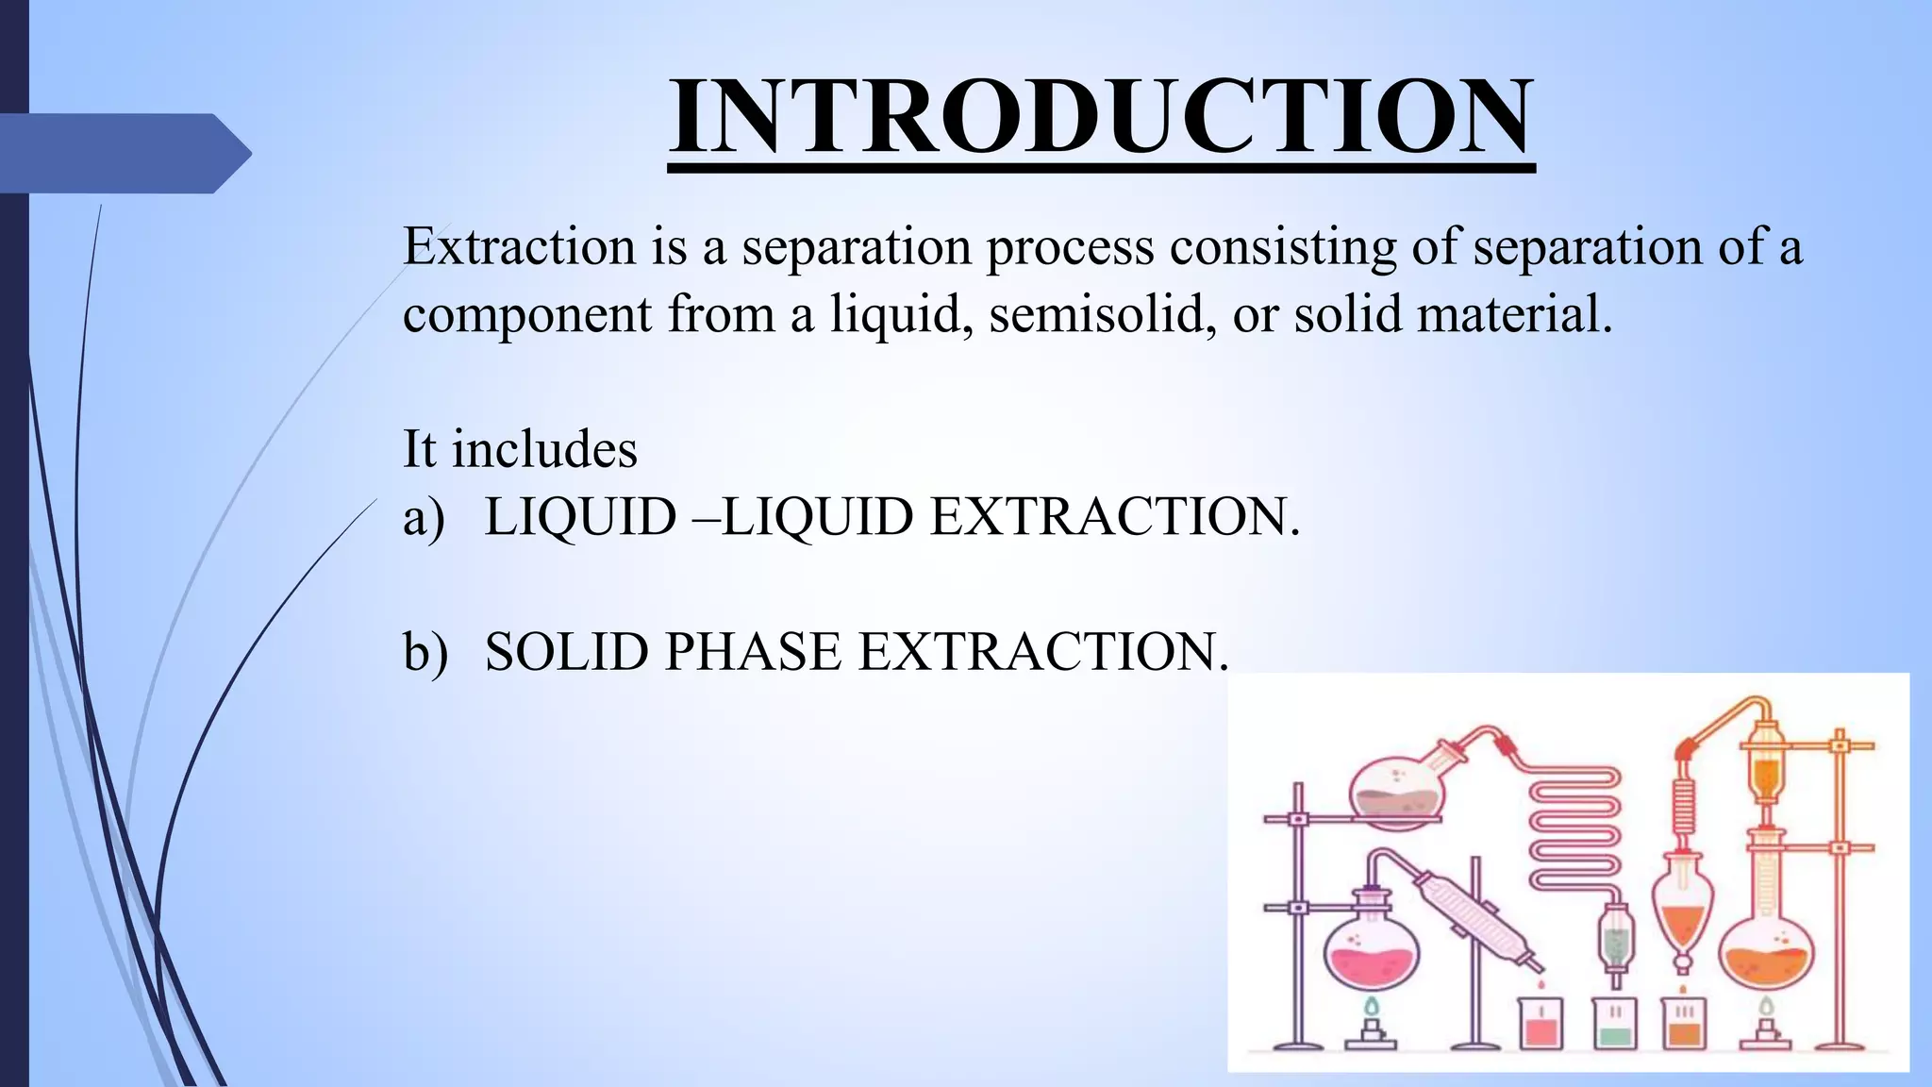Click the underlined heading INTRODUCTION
point(1101,117)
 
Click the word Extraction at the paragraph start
point(519,247)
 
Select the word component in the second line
point(526,316)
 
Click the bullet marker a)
point(424,517)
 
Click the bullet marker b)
point(425,652)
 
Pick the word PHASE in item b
point(752,652)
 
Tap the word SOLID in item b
point(569,652)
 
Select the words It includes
point(520,448)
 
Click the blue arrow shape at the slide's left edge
point(123,153)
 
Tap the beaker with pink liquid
point(1541,1024)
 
